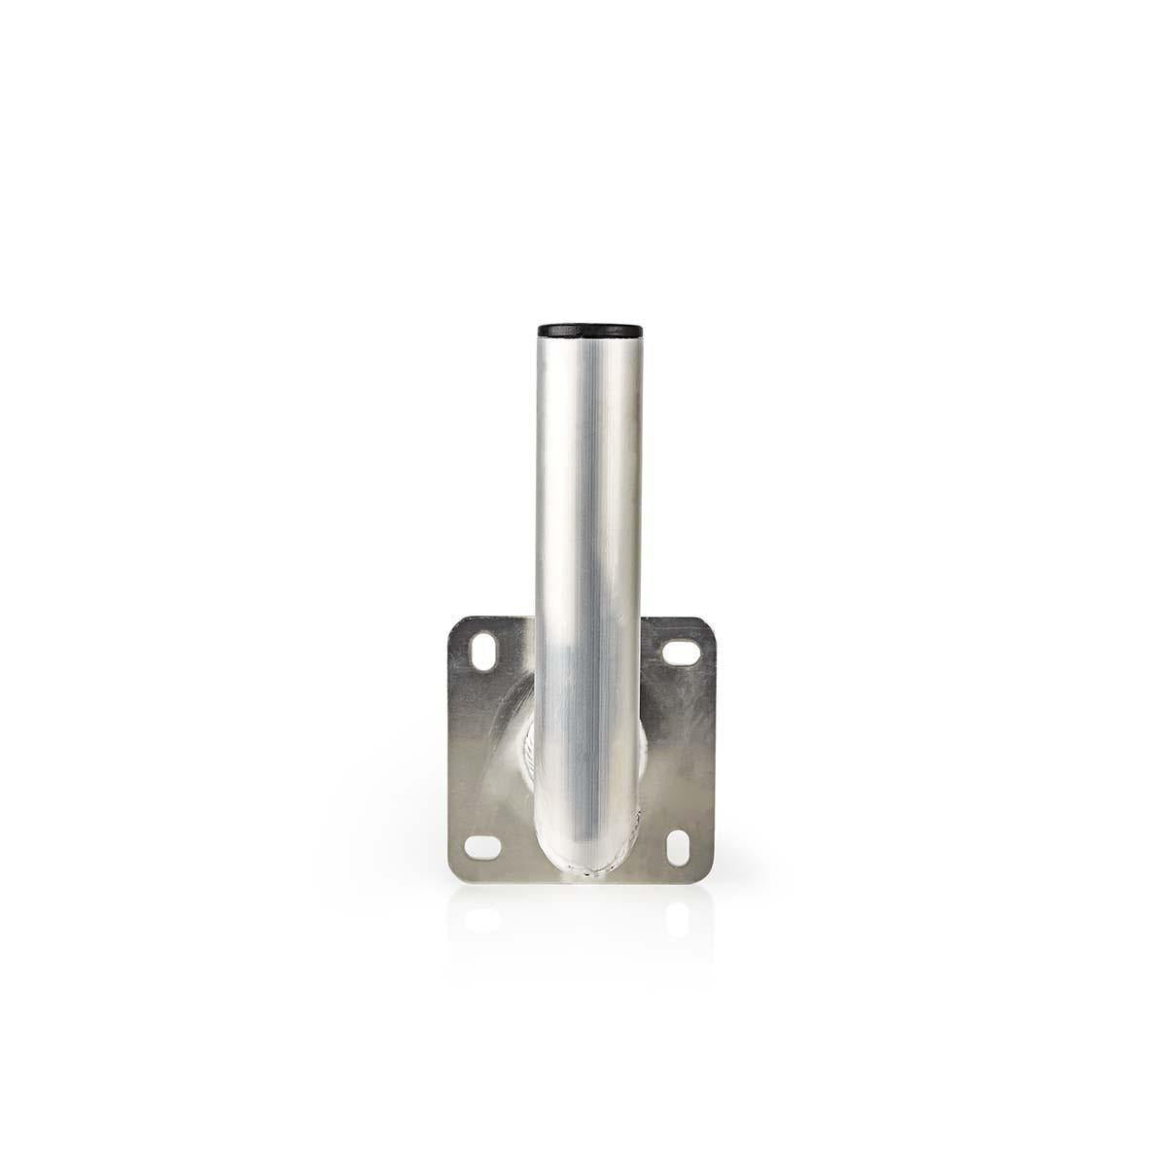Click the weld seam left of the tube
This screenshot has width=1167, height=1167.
click(526, 759)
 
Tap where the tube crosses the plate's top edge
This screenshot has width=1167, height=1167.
click(583, 617)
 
